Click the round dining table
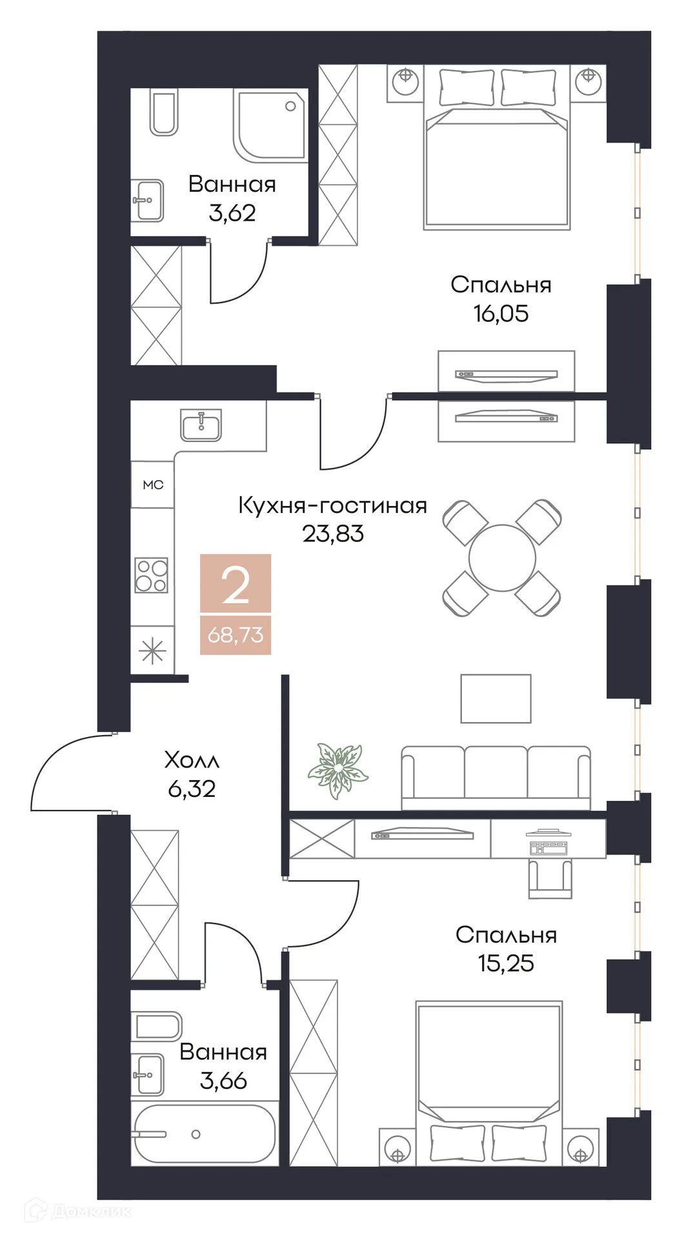[x=502, y=558]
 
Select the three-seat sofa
[x=496, y=777]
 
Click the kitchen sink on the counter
[x=201, y=425]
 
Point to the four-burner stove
[x=151, y=575]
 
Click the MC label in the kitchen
[x=153, y=485]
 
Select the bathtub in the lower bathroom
[x=205, y=1134]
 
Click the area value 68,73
[x=236, y=634]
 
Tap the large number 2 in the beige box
[x=236, y=585]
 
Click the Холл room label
[x=192, y=760]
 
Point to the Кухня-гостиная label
[x=333, y=505]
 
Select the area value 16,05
[x=501, y=314]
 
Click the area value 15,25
[x=506, y=963]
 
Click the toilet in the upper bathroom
[x=164, y=114]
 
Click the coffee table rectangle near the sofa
[x=496, y=699]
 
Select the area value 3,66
[x=223, y=1081]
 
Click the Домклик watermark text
[x=90, y=1211]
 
